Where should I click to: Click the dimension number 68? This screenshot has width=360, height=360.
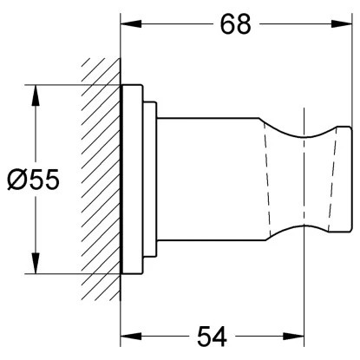[x=236, y=24]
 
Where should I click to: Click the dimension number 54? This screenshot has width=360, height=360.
[x=212, y=337]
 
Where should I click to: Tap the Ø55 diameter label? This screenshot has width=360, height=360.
[x=33, y=180]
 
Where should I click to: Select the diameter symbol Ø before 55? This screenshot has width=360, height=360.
[x=16, y=180]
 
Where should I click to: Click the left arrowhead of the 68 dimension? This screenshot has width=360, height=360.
[x=131, y=24]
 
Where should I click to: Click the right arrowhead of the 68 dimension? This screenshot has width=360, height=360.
[x=342, y=24]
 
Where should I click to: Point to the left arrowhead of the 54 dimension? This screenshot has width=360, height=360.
[x=131, y=337]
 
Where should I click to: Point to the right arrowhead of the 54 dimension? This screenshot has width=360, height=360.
[x=293, y=337]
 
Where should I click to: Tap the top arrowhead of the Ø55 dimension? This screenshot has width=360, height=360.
[x=36, y=95]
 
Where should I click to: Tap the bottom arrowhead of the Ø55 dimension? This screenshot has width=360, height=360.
[x=36, y=263]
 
